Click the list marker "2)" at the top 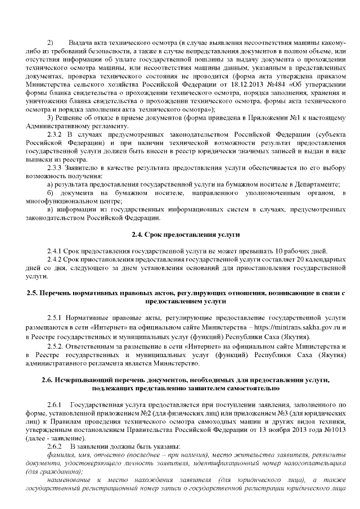(x=50, y=43)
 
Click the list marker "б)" (x=51, y=193)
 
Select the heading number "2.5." (x=35, y=294)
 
